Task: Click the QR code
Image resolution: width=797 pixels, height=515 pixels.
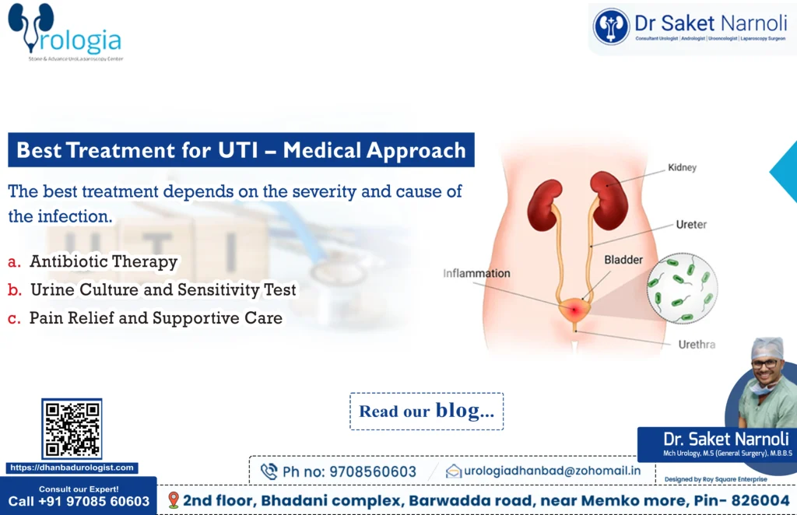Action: (x=72, y=429)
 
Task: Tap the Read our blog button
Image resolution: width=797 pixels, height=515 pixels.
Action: (x=427, y=412)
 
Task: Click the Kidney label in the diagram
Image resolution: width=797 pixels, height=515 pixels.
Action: (x=682, y=167)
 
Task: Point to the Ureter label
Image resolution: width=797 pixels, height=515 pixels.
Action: (x=690, y=225)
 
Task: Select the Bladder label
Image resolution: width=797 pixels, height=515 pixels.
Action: (x=623, y=259)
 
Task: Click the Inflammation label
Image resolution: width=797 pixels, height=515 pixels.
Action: (x=476, y=273)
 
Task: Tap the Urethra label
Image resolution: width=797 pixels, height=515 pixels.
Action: (x=696, y=344)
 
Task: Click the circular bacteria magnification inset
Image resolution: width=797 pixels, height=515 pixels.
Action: (x=682, y=287)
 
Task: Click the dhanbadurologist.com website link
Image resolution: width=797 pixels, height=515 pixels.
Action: (x=72, y=468)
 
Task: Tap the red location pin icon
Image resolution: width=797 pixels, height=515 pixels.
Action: (x=173, y=499)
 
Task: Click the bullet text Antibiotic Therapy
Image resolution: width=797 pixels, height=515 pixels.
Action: (x=104, y=262)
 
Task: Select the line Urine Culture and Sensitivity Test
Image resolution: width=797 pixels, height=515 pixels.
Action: (x=163, y=290)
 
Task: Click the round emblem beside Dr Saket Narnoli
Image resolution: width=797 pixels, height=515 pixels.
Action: (x=611, y=26)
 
